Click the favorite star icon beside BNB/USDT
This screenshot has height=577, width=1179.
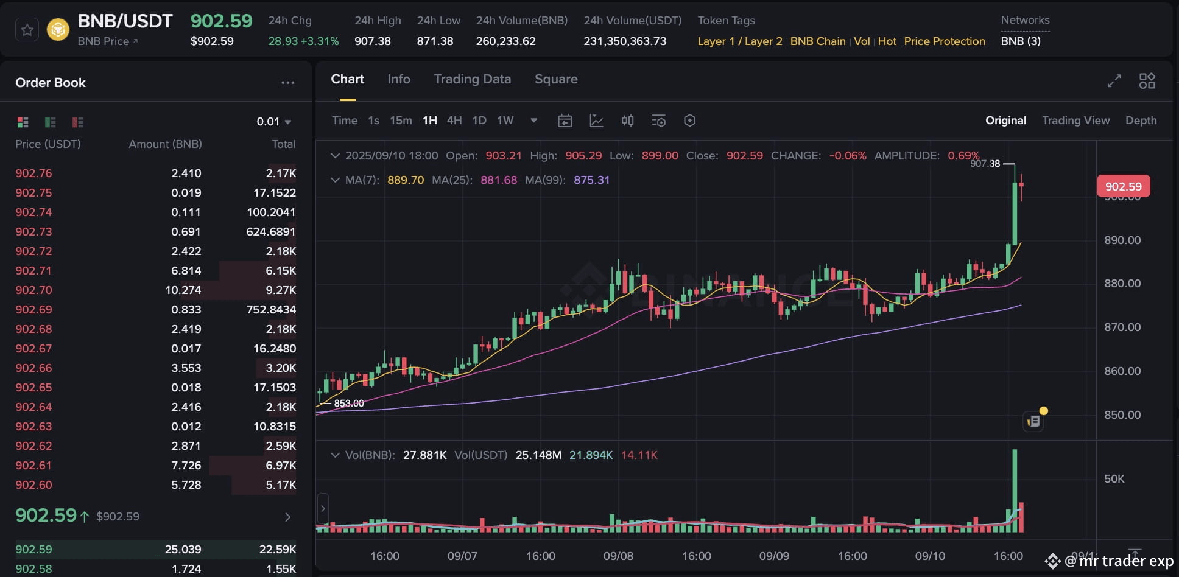pos(27,30)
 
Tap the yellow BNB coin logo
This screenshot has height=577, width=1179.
pos(58,30)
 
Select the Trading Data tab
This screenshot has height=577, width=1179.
pos(472,79)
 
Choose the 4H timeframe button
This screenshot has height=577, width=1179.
pos(454,121)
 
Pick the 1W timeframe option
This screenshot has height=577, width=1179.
pos(505,121)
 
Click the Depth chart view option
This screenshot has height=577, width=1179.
pos(1141,121)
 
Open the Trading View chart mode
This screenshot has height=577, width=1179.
pos(1075,121)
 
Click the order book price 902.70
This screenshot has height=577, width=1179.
pos(33,290)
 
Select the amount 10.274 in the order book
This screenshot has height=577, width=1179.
pos(183,290)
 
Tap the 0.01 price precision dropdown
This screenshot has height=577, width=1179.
pos(273,122)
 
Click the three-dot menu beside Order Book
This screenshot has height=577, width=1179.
pos(287,83)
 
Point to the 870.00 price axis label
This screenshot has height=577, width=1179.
pos(1122,327)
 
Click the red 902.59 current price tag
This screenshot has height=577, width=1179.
pos(1123,186)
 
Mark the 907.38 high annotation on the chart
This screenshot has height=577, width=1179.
pos(985,164)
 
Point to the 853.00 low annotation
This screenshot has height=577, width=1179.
pos(349,404)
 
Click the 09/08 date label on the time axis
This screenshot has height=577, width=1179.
pos(618,556)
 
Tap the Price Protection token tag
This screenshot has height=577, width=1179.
pos(944,41)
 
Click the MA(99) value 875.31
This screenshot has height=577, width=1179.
pos(591,180)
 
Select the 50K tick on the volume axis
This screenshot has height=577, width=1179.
pos(1114,479)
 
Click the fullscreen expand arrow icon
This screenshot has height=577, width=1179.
pos(1114,81)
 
